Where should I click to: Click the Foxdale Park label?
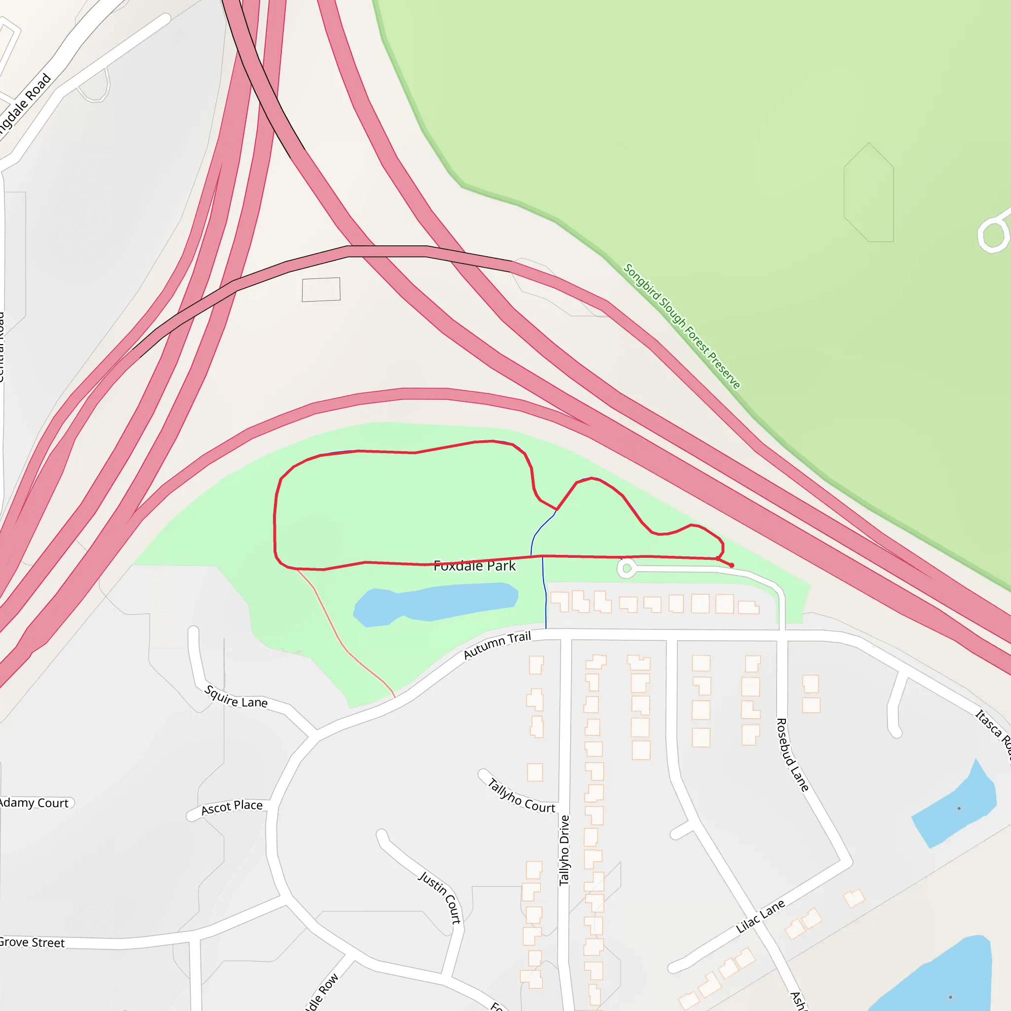point(474,566)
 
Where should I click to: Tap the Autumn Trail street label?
point(497,645)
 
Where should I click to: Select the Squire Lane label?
point(235,697)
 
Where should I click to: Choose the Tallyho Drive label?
point(564,850)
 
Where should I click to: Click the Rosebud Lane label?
point(792,755)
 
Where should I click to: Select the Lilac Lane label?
point(760,916)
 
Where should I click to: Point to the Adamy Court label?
point(35,803)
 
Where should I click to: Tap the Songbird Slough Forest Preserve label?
point(681,326)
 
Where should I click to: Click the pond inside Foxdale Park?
point(434,604)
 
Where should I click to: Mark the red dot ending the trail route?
point(732,565)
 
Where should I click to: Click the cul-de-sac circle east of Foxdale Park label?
point(627,568)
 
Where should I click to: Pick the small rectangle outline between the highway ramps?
point(321,289)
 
